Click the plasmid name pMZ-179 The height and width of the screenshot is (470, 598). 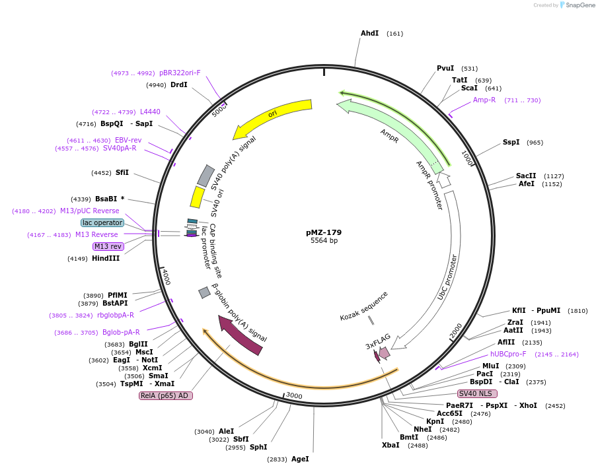click(324, 232)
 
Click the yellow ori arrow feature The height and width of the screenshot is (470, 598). click(272, 116)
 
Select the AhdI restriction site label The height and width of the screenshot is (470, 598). click(369, 33)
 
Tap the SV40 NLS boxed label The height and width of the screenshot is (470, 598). click(478, 393)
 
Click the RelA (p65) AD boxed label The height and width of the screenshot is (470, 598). click(165, 395)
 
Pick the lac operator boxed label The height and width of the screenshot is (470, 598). click(102, 222)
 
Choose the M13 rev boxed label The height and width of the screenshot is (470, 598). click(108, 246)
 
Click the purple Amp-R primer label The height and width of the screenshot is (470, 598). click(484, 100)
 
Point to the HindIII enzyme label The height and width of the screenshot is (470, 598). click(106, 258)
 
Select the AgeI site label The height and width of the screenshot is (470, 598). click(300, 459)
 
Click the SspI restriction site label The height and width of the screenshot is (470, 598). click(511, 142)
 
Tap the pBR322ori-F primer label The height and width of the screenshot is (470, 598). click(180, 73)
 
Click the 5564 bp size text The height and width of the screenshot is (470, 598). click(324, 241)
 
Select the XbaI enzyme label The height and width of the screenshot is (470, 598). click(391, 445)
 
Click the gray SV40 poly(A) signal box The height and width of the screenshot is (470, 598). click(206, 176)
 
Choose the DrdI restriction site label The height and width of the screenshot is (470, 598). click(178, 84)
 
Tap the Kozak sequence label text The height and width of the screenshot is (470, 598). click(364, 306)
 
